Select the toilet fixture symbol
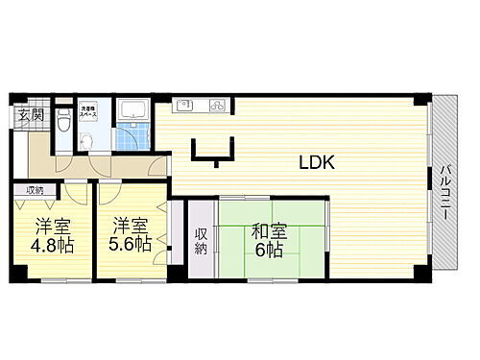tap(63, 119)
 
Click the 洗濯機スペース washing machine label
tap(89, 113)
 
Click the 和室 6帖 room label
tap(267, 240)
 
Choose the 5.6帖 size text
tap(130, 245)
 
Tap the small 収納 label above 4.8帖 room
tap(35, 190)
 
